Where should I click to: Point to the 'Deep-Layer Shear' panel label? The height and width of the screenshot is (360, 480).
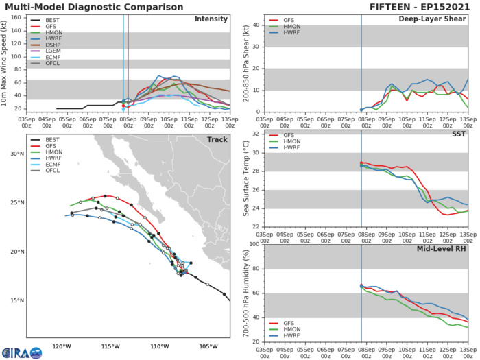point(431,19)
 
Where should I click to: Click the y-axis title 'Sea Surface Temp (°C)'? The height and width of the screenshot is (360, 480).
point(245,180)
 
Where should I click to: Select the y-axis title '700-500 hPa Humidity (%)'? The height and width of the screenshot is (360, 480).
point(245,293)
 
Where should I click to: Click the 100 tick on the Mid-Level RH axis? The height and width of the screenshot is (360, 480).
point(255,245)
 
